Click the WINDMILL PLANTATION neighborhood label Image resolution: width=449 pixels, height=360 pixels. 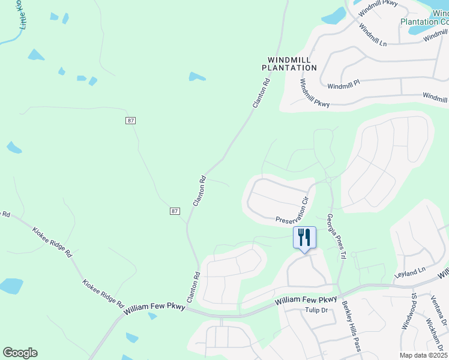pyautogui.click(x=289, y=64)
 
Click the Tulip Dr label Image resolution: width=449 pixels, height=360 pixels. pyautogui.click(x=315, y=310)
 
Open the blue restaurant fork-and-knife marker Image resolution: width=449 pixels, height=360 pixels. pyautogui.click(x=304, y=238)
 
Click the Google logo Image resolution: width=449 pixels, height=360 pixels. pyautogui.click(x=20, y=352)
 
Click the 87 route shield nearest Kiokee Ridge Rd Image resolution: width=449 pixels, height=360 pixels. pyautogui.click(x=175, y=211)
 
